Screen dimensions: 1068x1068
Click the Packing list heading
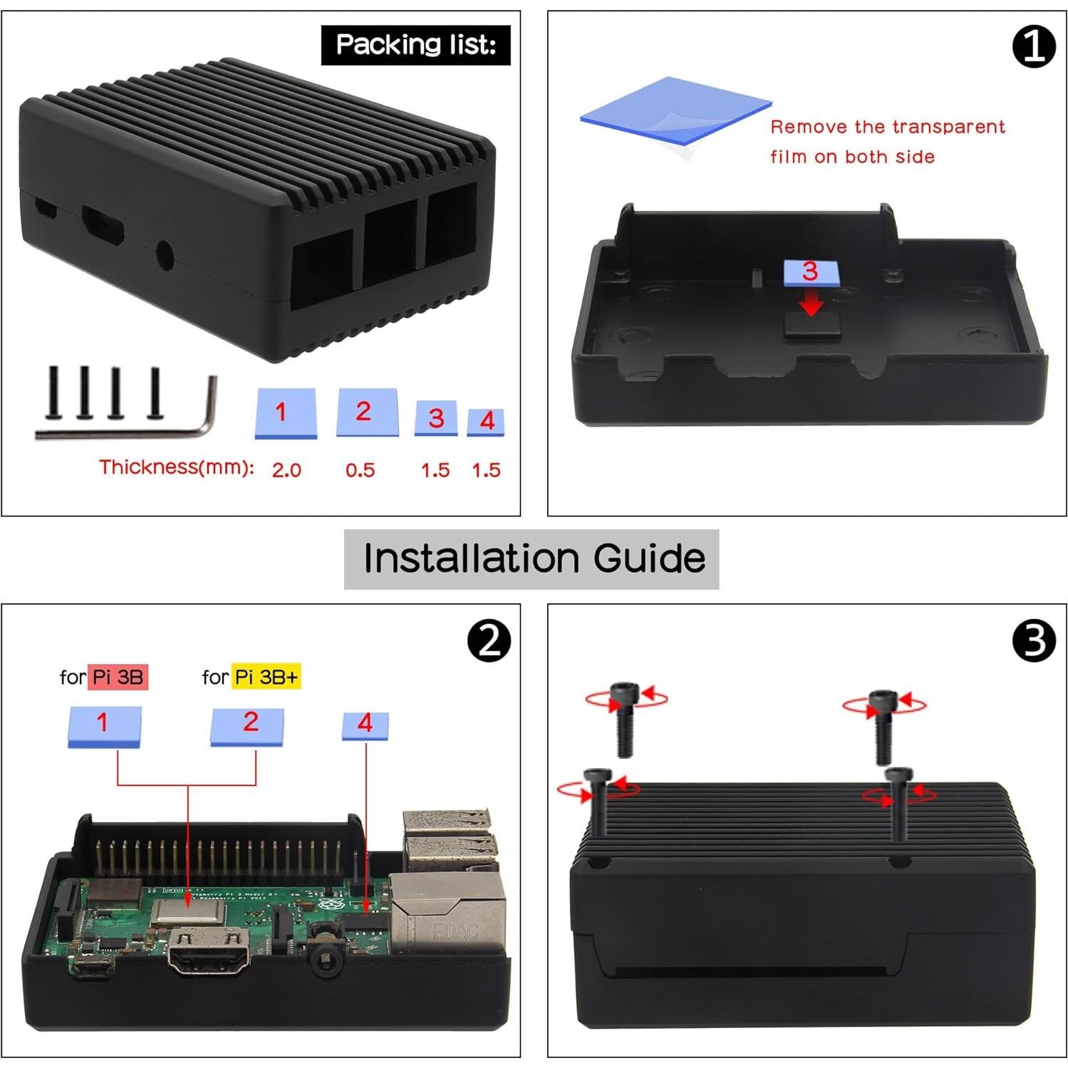point(415,45)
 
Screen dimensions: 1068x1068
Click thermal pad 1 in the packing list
point(285,413)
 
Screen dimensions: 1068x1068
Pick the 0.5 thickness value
point(360,470)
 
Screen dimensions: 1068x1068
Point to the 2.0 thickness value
point(286,470)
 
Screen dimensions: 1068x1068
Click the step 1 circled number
point(1033,47)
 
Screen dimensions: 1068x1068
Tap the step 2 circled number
point(489,641)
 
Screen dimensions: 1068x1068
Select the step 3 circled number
point(1033,641)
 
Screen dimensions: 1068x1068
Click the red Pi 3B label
point(118,677)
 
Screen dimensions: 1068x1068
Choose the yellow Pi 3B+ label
point(266,677)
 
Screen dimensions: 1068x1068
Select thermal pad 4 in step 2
point(365,725)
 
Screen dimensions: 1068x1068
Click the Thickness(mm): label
point(176,467)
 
